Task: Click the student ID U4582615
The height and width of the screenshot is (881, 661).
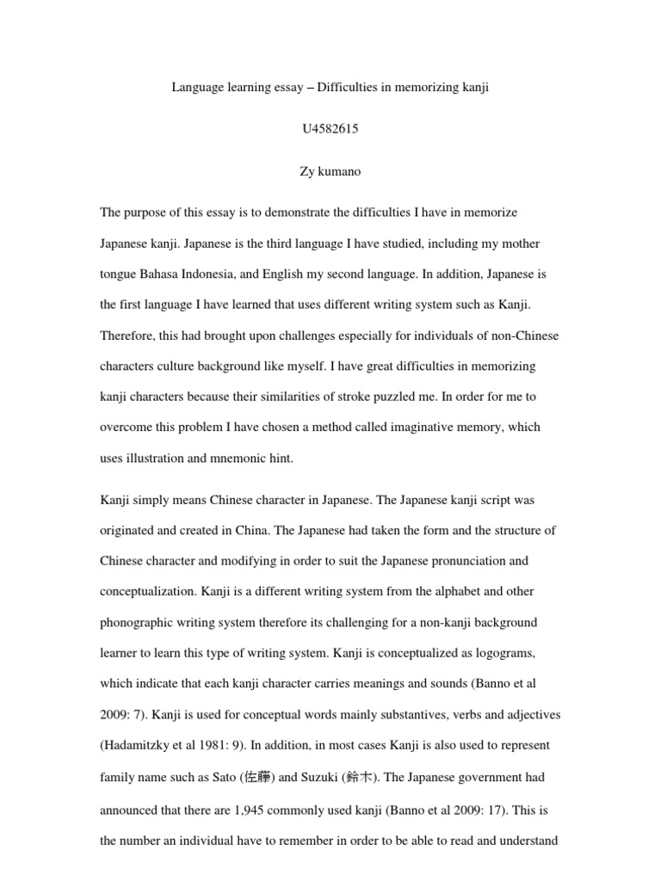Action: point(330,129)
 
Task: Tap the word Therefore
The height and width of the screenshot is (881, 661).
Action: point(128,336)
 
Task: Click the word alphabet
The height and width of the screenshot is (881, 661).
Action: point(460,592)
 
